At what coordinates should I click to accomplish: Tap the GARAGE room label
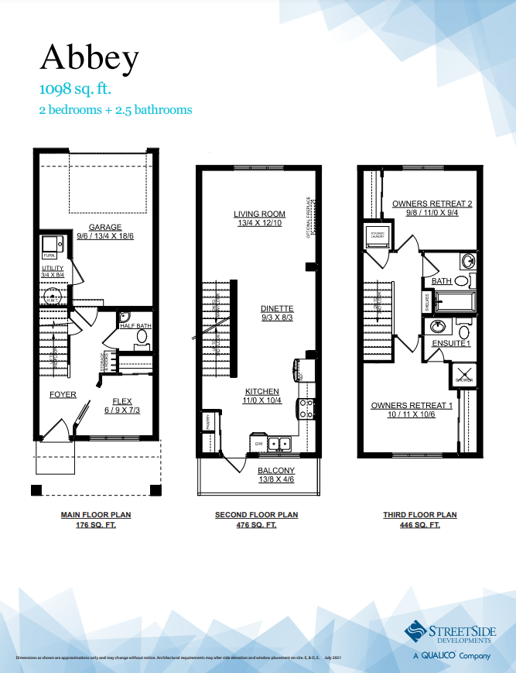coord(104,228)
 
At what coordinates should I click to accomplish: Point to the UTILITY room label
coord(53,268)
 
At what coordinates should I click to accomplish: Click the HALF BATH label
coord(135,326)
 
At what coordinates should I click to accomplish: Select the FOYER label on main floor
coord(63,394)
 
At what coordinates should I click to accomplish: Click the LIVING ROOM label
coord(259,214)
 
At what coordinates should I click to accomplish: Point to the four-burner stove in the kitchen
coord(306,408)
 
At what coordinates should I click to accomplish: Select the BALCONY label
coord(276,471)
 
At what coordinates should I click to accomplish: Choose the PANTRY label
coord(207,422)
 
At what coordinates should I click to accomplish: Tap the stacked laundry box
coord(378,235)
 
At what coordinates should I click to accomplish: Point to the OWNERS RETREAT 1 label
coord(411,405)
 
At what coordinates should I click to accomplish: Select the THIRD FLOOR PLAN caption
coord(419,515)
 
